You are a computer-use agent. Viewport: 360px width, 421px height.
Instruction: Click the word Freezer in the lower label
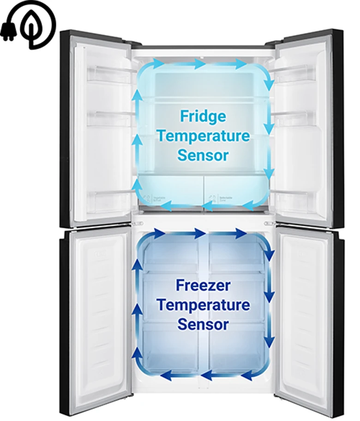tap(203, 285)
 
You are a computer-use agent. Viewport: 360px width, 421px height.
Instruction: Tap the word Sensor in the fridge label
tap(203, 155)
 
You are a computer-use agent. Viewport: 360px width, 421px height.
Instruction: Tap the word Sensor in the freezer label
tap(203, 324)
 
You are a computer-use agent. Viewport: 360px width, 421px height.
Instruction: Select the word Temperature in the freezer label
tap(203, 305)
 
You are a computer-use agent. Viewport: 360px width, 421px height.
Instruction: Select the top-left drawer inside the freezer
tap(171, 254)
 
